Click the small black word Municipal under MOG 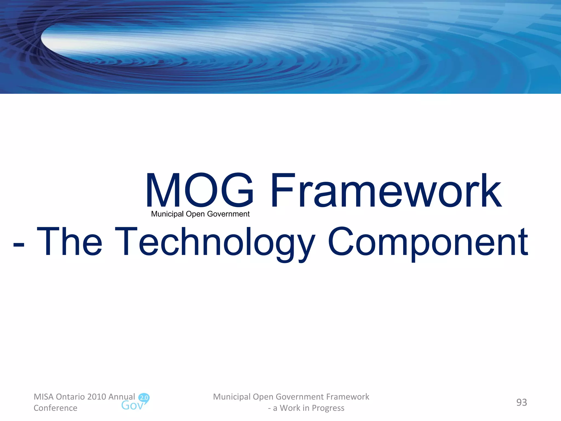click(x=167, y=214)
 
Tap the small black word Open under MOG click(x=195, y=214)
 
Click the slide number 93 click(x=522, y=402)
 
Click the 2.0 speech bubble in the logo click(x=144, y=398)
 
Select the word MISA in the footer click(x=43, y=397)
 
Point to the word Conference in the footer click(x=55, y=408)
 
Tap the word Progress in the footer click(x=328, y=408)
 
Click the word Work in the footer click(x=290, y=408)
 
